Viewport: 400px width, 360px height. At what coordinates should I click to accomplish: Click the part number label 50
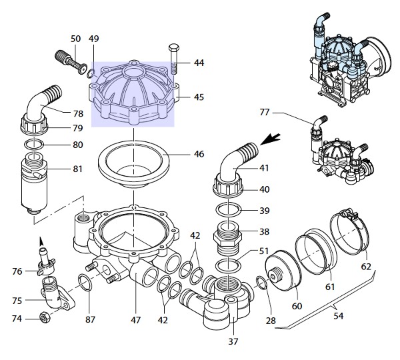75,39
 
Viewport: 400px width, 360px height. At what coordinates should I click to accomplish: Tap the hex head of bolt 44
174,48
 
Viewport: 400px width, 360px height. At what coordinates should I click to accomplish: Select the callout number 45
199,97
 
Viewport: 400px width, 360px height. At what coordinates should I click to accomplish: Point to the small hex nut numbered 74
45,318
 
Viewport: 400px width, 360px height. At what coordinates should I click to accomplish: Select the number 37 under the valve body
233,341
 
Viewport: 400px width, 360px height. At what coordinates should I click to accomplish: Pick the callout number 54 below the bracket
339,316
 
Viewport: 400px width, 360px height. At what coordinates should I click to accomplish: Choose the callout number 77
265,112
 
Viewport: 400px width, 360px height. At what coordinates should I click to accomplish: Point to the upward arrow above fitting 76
41,241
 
